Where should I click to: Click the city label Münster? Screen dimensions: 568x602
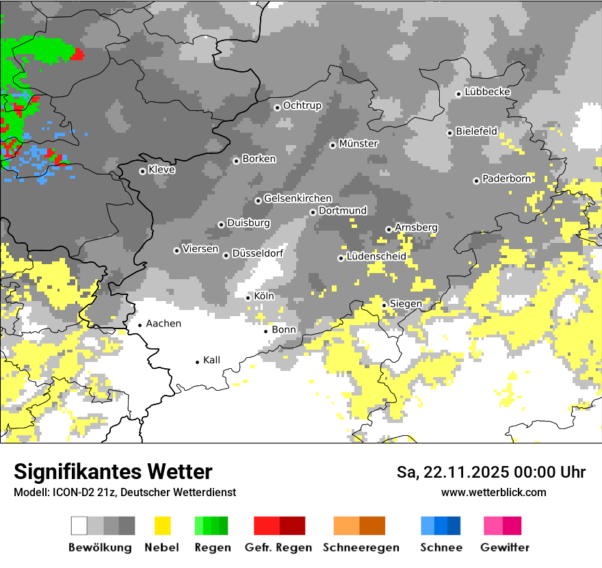pyautogui.click(x=358, y=144)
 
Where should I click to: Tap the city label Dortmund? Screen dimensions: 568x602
pyautogui.click(x=343, y=211)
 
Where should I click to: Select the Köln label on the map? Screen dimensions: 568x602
pyautogui.click(x=264, y=296)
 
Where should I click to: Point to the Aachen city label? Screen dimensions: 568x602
pyautogui.click(x=163, y=324)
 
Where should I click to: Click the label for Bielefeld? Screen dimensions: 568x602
pyautogui.click(x=477, y=131)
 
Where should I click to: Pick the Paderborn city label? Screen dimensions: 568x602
pyautogui.click(x=506, y=179)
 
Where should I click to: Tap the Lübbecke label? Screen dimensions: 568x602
pyautogui.click(x=488, y=92)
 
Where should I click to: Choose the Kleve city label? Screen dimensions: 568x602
pyautogui.click(x=162, y=170)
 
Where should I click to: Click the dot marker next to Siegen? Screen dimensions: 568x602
pyautogui.click(x=384, y=305)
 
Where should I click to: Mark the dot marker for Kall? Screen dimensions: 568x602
pyautogui.click(x=198, y=362)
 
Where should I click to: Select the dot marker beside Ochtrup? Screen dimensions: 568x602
pyautogui.click(x=277, y=107)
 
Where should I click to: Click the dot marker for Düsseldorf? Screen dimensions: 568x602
pyautogui.click(x=226, y=256)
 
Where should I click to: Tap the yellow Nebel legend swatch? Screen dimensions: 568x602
pyautogui.click(x=163, y=526)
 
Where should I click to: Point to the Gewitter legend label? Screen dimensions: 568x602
pyautogui.click(x=505, y=547)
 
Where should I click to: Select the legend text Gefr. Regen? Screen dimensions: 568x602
pyautogui.click(x=278, y=547)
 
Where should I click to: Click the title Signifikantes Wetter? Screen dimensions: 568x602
pyautogui.click(x=113, y=472)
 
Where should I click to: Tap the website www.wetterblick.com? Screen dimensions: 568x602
pyautogui.click(x=494, y=492)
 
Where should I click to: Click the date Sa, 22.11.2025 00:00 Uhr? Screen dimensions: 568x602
pyautogui.click(x=491, y=472)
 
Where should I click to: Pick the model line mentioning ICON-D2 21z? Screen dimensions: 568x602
pyautogui.click(x=125, y=492)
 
